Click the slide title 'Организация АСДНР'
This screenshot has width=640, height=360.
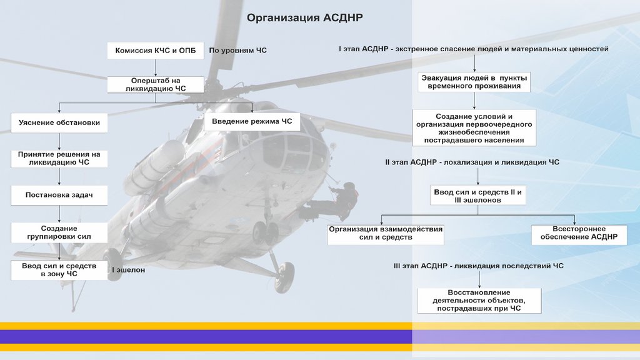pyautogui.click(x=304, y=17)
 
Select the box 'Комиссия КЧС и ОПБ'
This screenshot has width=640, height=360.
pyautogui.click(x=156, y=51)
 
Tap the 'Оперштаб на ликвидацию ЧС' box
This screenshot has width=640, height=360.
pyautogui.click(x=156, y=85)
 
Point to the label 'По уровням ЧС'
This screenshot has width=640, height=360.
pyautogui.click(x=237, y=50)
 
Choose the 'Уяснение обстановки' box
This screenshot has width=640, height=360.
pyautogui.click(x=59, y=122)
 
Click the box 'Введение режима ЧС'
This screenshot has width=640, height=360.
pyautogui.click(x=252, y=121)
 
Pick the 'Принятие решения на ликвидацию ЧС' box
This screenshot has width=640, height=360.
pyautogui.click(x=59, y=158)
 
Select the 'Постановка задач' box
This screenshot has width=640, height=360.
pyautogui.click(x=59, y=196)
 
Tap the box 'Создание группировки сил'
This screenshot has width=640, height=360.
pyautogui.click(x=59, y=232)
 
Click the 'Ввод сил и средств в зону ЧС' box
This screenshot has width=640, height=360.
pyautogui.click(x=59, y=270)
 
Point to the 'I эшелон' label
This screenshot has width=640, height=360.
pyautogui.click(x=128, y=270)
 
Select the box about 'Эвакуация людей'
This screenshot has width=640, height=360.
pyautogui.click(x=474, y=82)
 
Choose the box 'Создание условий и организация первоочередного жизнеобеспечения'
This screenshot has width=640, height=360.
pyautogui.click(x=474, y=128)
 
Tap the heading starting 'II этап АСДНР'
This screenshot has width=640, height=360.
pyautogui.click(x=472, y=162)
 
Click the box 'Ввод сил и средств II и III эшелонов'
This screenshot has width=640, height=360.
pyautogui.click(x=478, y=196)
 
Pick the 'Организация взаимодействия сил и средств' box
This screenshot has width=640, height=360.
pyautogui.click(x=386, y=234)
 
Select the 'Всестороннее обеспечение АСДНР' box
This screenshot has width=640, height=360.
pyautogui.click(x=579, y=234)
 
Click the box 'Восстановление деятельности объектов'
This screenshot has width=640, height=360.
pyautogui.click(x=479, y=301)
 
